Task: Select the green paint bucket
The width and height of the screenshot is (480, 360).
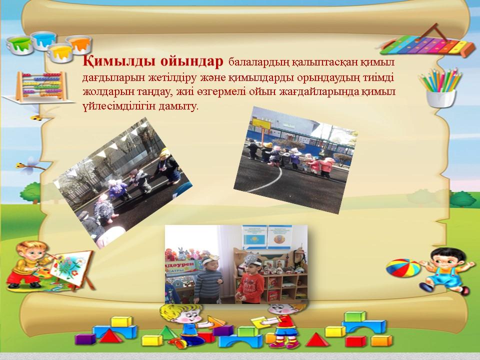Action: [x=19, y=44]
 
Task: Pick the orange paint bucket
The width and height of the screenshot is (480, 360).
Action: [x=78, y=44]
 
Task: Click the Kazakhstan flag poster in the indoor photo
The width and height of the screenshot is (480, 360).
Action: [x=254, y=237]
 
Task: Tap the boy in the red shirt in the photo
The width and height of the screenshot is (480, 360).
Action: [x=250, y=280]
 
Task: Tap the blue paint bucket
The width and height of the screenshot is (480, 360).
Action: [x=44, y=40]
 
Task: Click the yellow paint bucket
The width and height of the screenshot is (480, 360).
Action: [x=60, y=52]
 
